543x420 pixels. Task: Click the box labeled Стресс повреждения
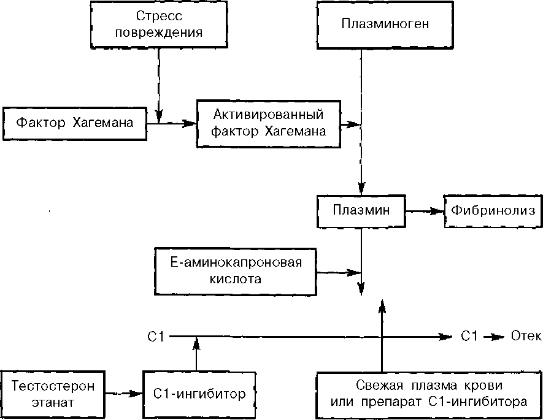pos(158,24)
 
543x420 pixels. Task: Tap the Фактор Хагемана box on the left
pos(75,123)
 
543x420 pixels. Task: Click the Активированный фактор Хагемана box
pos(268,122)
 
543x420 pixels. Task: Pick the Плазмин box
pos(361,210)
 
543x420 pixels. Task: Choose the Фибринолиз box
pos(493,210)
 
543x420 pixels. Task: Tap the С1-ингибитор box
pos(199,394)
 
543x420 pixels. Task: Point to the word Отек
pos(526,336)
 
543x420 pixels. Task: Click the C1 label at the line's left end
pos(155,336)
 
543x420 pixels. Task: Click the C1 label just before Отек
pos(469,336)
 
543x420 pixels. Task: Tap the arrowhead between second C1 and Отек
pos(496,336)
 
